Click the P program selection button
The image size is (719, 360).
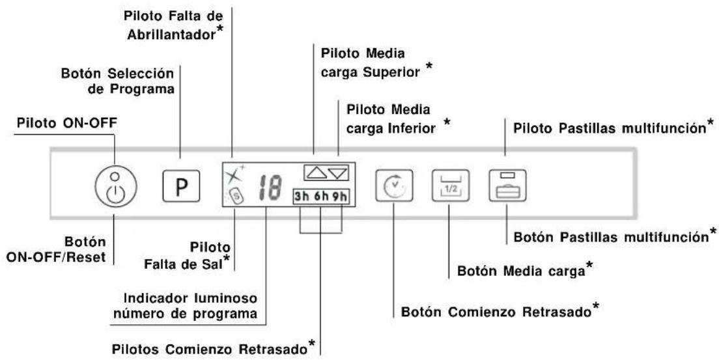pyautogui.click(x=181, y=186)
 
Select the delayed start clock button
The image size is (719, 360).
pyautogui.click(x=394, y=186)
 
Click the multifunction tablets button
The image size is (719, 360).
pyautogui.click(x=507, y=186)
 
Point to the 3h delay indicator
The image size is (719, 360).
pyautogui.click(x=302, y=197)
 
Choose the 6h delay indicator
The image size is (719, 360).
pyautogui.click(x=321, y=197)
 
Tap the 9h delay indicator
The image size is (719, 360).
pyautogui.click(x=340, y=197)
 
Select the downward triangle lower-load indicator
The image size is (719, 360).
pyautogui.click(x=338, y=173)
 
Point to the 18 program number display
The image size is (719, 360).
pyautogui.click(x=270, y=189)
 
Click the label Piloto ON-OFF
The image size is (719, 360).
pyautogui.click(x=67, y=123)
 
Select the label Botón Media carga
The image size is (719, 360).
pyautogui.click(x=521, y=271)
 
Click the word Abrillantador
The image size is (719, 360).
pyautogui.click(x=171, y=35)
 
